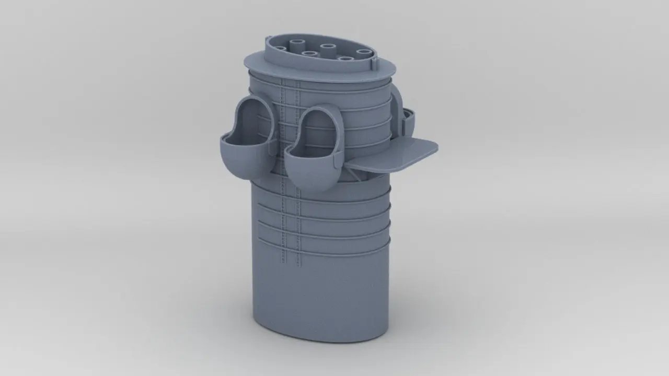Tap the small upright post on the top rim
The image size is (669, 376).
click(375, 64)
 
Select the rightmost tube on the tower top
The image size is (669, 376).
click(363, 52)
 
